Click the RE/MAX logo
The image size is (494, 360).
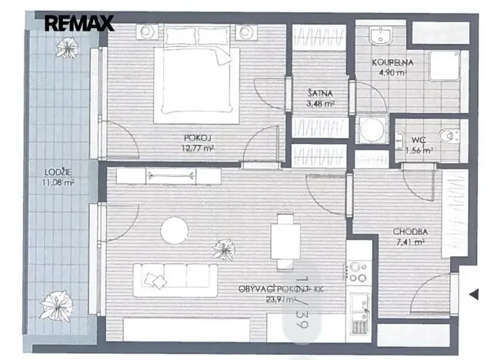[78, 23]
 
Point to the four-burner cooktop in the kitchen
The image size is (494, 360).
[358, 270]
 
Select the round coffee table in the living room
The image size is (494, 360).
[175, 229]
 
